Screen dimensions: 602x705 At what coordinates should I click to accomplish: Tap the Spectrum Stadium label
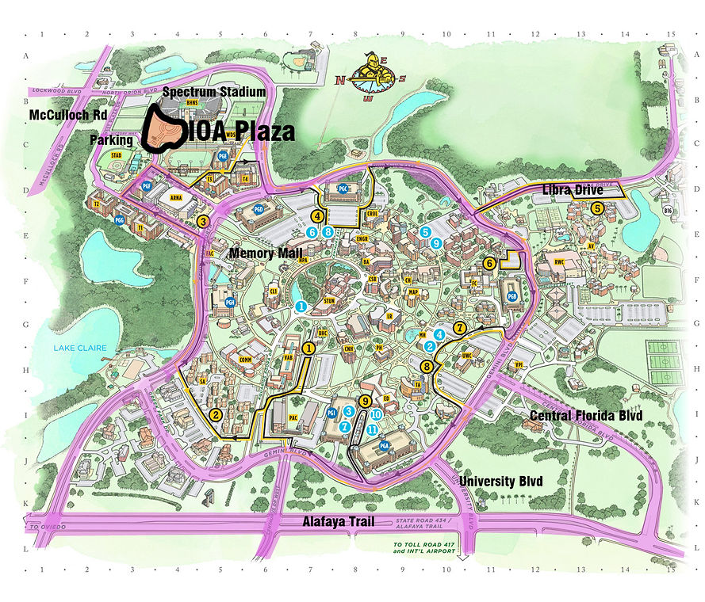coord(214,92)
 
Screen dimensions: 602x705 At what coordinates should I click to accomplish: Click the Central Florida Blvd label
coord(585,415)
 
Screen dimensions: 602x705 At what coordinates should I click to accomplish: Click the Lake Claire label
coord(75,348)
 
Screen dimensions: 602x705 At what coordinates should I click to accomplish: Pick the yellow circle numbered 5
coord(597,208)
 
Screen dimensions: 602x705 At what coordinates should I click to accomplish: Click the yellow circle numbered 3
coord(204,222)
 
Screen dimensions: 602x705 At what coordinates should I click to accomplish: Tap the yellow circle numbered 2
coord(216,415)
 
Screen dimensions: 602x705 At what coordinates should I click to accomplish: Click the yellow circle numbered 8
coord(427,366)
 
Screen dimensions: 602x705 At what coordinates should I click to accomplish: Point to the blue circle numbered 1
coord(301,306)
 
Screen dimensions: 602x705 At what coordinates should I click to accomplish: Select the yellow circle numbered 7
coord(459,327)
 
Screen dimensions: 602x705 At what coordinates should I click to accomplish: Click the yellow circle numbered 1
coord(309,348)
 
